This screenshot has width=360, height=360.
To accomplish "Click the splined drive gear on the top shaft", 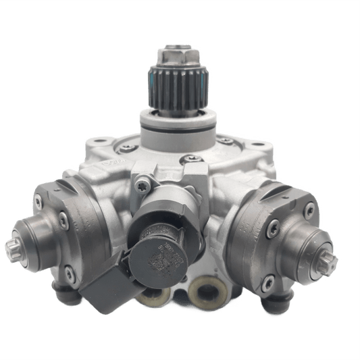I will coord(178,90).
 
